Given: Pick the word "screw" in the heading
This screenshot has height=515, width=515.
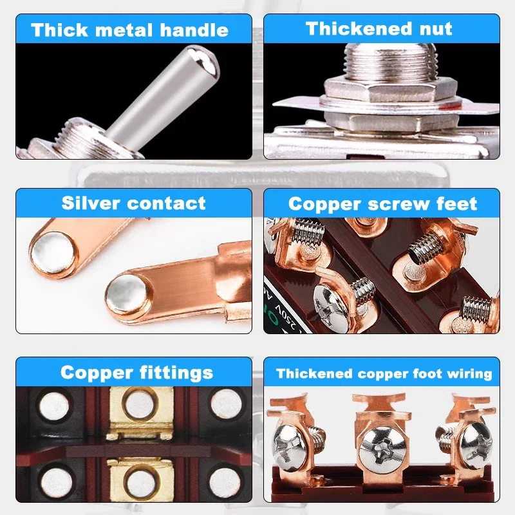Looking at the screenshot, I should pos(398,204).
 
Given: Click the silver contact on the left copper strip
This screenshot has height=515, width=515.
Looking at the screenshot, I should pos(49,248).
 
